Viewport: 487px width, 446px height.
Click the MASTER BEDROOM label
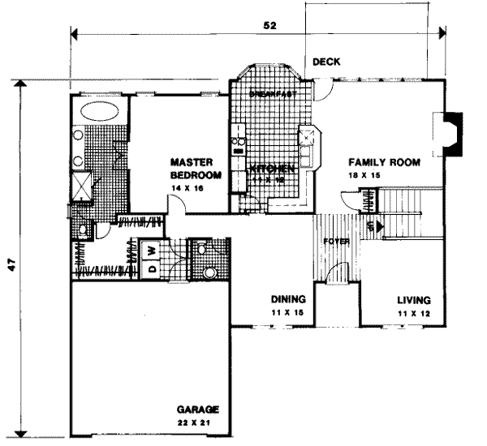coord(196,168)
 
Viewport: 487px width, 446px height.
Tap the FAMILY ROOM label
coord(384,162)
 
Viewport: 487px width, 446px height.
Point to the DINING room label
coord(287,299)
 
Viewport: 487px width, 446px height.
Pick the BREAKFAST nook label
coord(269,95)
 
